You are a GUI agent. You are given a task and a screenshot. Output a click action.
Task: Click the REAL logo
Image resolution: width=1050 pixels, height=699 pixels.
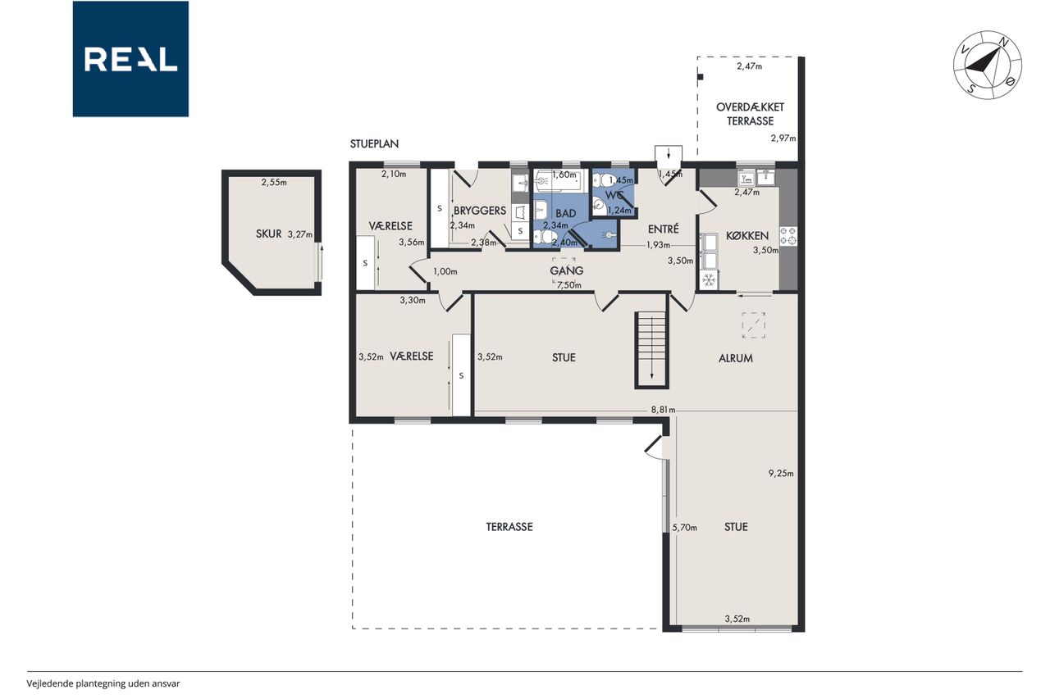pos(130,59)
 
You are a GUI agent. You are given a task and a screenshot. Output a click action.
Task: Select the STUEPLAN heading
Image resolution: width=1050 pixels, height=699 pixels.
pos(374,143)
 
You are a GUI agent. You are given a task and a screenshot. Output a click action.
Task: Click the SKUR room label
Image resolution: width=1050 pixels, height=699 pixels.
pos(268,234)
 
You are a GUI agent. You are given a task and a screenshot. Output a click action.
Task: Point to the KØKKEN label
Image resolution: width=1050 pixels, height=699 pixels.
pos(747,235)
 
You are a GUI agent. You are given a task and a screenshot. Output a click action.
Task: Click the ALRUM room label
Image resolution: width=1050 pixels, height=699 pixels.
pos(736,358)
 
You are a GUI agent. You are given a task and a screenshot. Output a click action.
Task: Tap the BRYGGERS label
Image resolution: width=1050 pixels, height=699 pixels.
pos(480,211)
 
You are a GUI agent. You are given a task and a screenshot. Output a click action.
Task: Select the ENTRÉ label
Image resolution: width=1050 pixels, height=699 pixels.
pos(664,229)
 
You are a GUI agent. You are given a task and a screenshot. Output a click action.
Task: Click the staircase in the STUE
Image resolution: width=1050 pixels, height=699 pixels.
pos(651,350)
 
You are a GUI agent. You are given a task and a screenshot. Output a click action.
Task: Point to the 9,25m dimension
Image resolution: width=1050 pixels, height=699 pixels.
pos(781,474)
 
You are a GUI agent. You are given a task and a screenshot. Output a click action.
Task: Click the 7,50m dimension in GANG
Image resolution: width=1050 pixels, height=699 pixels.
pos(569,285)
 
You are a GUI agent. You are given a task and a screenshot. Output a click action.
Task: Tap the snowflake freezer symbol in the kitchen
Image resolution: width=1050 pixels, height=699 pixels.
pos(708,280)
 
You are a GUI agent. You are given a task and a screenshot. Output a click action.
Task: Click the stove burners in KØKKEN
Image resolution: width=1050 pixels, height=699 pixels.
pos(788,236)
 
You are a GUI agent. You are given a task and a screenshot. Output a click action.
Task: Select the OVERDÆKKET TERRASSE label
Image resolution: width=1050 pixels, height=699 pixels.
pos(750,114)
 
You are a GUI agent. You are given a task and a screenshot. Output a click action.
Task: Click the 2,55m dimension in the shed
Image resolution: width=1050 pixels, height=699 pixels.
pos(274,182)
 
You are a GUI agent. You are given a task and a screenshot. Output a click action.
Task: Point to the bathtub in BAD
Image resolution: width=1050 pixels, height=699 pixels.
pos(558,180)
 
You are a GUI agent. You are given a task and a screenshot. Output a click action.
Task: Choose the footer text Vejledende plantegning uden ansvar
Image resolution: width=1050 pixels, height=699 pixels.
pos(103,683)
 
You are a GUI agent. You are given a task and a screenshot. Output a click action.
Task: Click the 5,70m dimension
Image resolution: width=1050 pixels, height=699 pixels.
pos(684,528)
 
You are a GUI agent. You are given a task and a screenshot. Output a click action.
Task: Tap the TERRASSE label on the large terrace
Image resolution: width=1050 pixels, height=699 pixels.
pos(509,527)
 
